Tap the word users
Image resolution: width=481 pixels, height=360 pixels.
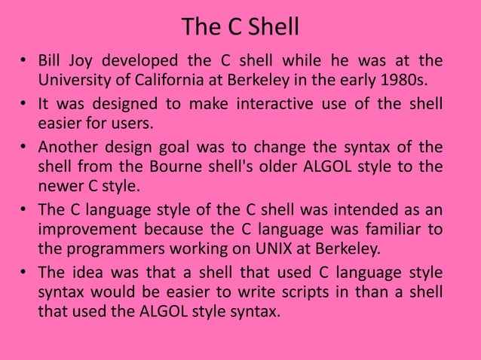pyautogui.click(x=140, y=122)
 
